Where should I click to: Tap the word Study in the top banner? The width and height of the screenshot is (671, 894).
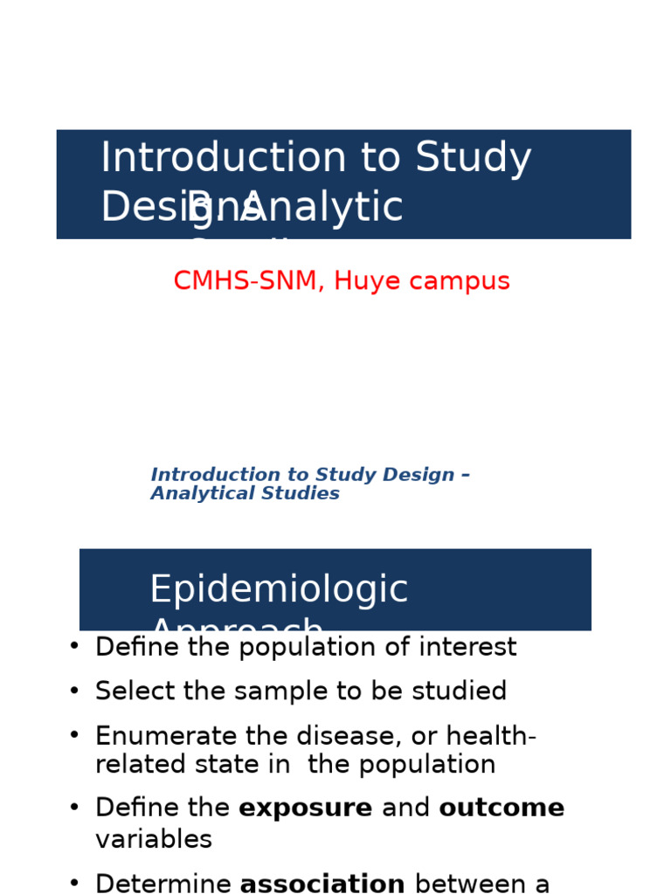click(x=473, y=159)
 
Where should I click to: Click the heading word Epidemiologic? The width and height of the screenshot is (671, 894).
click(x=279, y=590)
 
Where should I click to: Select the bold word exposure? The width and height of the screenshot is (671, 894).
click(x=305, y=808)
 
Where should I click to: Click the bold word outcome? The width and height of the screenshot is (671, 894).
click(x=502, y=808)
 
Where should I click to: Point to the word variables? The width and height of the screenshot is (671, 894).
click(x=154, y=840)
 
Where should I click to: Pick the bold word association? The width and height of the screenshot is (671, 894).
click(x=322, y=884)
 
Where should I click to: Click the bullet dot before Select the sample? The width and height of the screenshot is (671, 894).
click(x=74, y=691)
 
